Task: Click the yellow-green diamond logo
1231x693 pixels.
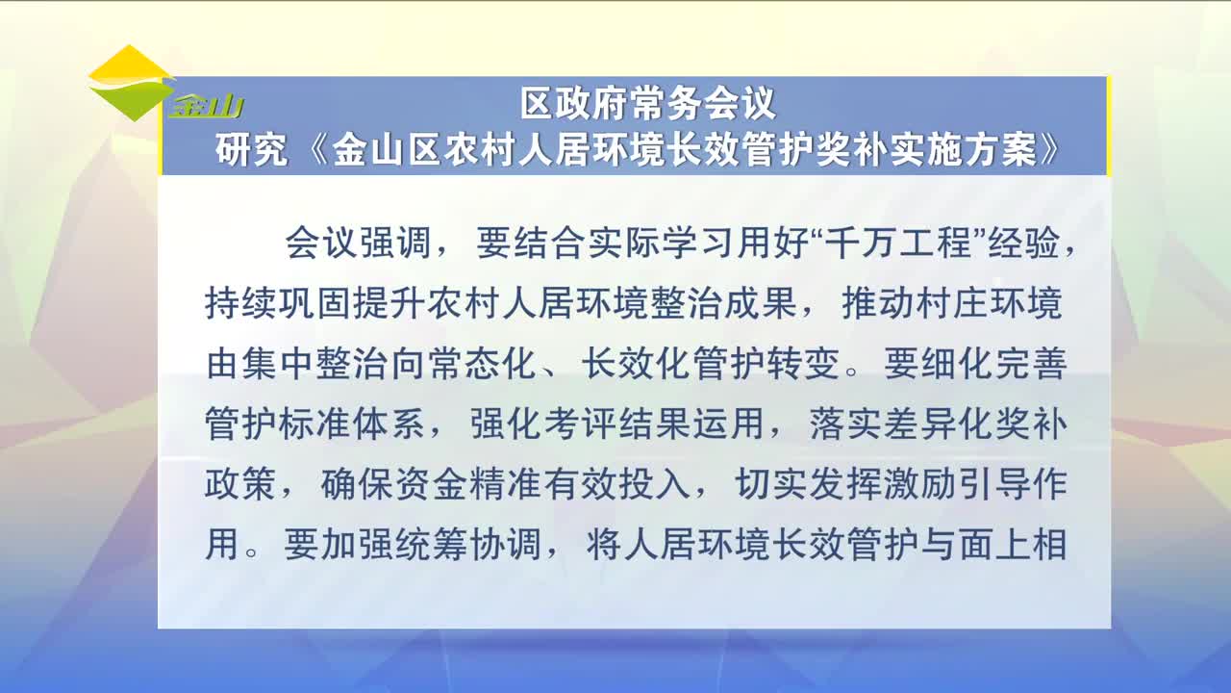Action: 131,83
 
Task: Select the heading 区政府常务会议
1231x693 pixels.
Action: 648,103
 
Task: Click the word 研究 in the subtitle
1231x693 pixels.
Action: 252,149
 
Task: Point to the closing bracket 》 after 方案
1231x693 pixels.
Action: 1050,149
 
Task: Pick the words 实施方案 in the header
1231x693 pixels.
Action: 964,149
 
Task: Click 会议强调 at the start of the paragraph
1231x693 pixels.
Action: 358,243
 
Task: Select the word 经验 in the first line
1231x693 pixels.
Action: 1024,243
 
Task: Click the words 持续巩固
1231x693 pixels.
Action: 278,303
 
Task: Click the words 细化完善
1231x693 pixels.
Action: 994,364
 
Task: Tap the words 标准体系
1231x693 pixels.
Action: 352,424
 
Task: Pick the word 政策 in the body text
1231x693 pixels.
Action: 240,484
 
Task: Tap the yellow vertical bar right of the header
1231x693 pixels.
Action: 1109,126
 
